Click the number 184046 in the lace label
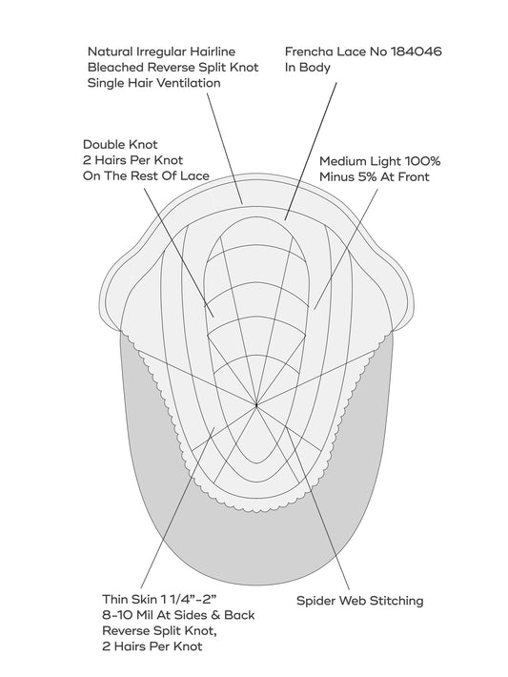[417, 51]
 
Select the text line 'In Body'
[307, 68]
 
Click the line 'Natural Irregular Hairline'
[162, 51]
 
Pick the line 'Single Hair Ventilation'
[154, 83]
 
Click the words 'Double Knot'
[120, 144]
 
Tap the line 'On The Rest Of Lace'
[146, 175]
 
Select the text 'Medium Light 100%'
[380, 161]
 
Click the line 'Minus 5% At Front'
[375, 177]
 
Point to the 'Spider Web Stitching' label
[360, 601]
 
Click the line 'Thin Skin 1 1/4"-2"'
[159, 599]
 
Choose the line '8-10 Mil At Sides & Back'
[178, 615]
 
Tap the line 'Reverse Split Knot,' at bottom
[159, 631]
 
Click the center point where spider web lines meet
[256, 405]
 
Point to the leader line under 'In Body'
[311, 151]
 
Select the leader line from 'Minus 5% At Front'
[346, 248]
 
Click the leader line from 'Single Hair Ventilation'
[225, 148]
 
